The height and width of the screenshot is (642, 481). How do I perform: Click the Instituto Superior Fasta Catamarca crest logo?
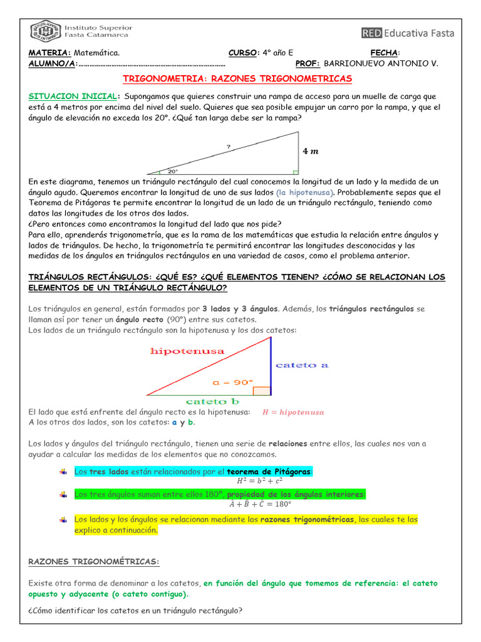tap(41, 32)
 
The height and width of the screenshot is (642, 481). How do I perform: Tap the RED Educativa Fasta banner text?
tap(408, 33)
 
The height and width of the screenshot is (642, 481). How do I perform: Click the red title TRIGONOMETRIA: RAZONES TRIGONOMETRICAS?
tap(237, 78)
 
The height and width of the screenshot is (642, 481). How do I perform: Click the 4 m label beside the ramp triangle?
tap(311, 151)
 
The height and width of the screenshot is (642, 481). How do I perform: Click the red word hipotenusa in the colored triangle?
tap(187, 352)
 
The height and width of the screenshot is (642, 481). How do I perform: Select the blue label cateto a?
tap(302, 365)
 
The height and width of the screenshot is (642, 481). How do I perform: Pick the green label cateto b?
tap(212, 401)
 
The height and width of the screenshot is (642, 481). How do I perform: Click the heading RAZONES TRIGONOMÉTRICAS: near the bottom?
tap(94, 561)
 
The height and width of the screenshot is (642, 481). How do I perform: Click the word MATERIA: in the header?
tap(49, 53)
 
